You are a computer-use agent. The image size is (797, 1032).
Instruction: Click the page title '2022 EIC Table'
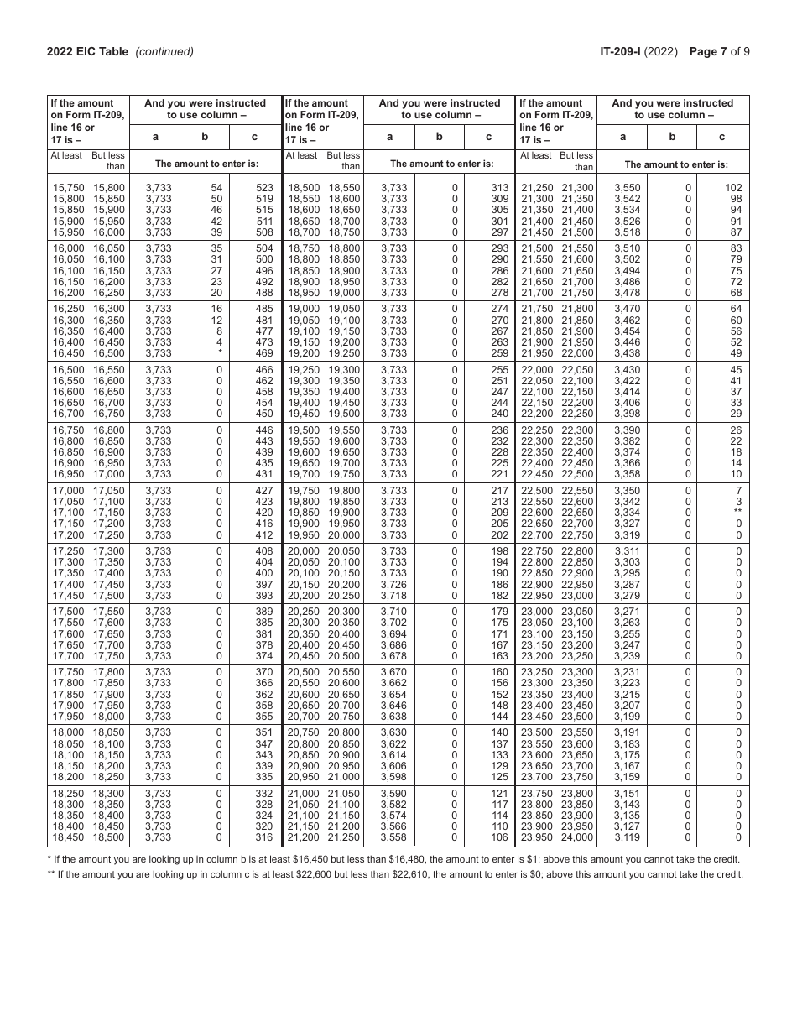[x=87, y=51]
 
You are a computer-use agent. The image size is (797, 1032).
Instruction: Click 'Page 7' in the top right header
[x=708, y=51]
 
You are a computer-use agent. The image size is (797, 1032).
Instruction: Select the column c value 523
[x=263, y=188]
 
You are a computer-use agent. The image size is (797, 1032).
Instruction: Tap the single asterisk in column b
[x=220, y=353]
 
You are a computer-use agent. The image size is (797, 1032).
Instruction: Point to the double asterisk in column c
[x=737, y=512]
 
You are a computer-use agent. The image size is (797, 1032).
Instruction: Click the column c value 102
[x=733, y=188]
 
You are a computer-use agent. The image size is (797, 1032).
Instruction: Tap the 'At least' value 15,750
[x=67, y=188]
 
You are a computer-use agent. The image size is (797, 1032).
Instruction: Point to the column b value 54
[x=216, y=188]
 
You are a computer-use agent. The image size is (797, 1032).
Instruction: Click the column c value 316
[x=263, y=837]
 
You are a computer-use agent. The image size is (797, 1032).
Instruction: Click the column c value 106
[x=499, y=837]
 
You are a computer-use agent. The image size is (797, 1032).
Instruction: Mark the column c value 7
[x=738, y=489]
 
